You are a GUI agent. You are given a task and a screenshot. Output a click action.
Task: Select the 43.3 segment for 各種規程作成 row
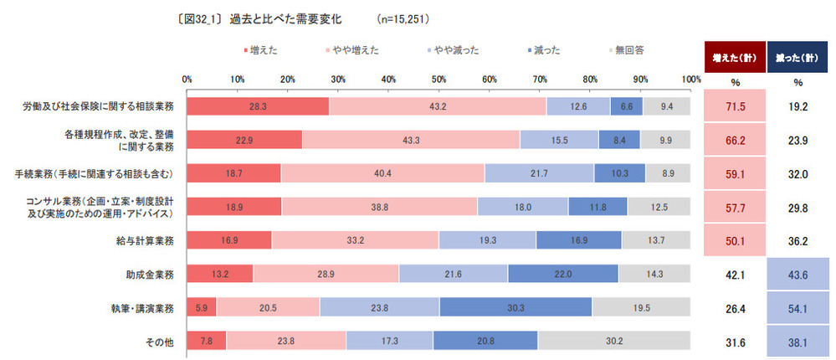(411, 140)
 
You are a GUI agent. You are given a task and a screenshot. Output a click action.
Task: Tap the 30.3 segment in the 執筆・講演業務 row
(515, 307)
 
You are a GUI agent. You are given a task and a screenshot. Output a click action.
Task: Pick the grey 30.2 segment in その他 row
(614, 341)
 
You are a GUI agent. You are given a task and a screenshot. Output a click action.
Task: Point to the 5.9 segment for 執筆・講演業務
(201, 307)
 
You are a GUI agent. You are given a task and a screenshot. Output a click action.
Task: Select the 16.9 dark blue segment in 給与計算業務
(578, 240)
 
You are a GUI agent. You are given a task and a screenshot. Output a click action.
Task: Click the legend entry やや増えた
(352, 50)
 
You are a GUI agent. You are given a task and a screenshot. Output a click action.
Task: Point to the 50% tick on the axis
(439, 80)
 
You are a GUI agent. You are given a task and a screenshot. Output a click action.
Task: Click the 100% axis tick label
(691, 80)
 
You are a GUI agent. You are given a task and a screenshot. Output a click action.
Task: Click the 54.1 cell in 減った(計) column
(798, 308)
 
